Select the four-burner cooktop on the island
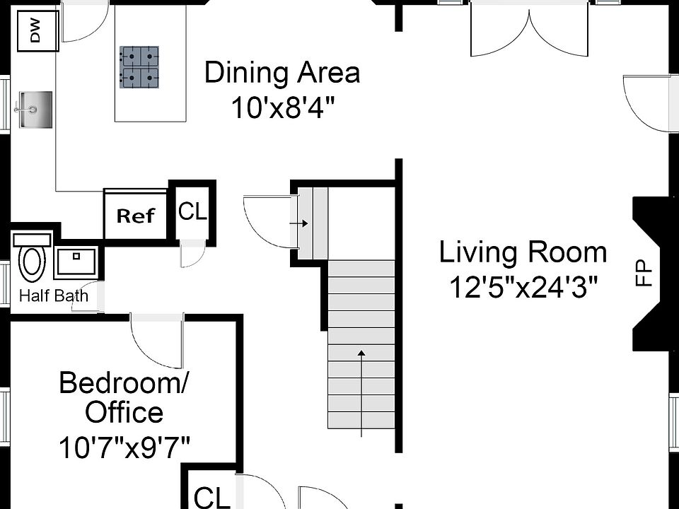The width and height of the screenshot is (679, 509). pyautogui.click(x=139, y=67)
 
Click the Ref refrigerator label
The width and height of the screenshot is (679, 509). pyautogui.click(x=135, y=216)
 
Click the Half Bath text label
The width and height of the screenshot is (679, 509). pyautogui.click(x=54, y=295)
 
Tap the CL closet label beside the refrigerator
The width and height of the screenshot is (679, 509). pyautogui.click(x=192, y=211)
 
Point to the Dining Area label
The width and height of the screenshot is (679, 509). pyautogui.click(x=282, y=73)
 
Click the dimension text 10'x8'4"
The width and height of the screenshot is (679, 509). pyautogui.click(x=282, y=108)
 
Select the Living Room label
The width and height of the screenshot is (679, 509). pyautogui.click(x=523, y=252)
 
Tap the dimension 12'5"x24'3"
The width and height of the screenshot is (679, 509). pyautogui.click(x=523, y=287)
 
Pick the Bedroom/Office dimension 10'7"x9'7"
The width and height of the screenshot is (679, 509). pyautogui.click(x=124, y=447)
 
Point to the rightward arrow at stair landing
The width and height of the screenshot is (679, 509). pyautogui.click(x=301, y=223)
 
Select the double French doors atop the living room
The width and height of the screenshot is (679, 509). pyautogui.click(x=529, y=28)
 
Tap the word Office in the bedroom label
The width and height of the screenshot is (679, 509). pyautogui.click(x=124, y=412)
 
